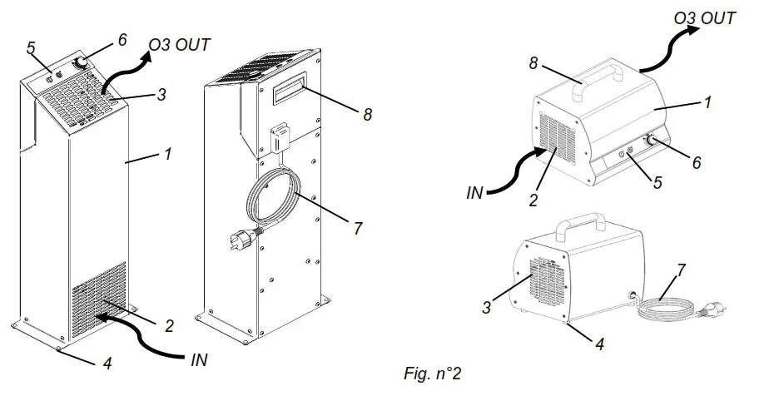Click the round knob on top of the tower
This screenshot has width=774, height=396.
point(84,64)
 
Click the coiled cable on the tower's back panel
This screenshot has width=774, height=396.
point(274,204)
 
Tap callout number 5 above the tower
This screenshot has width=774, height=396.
point(31,48)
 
